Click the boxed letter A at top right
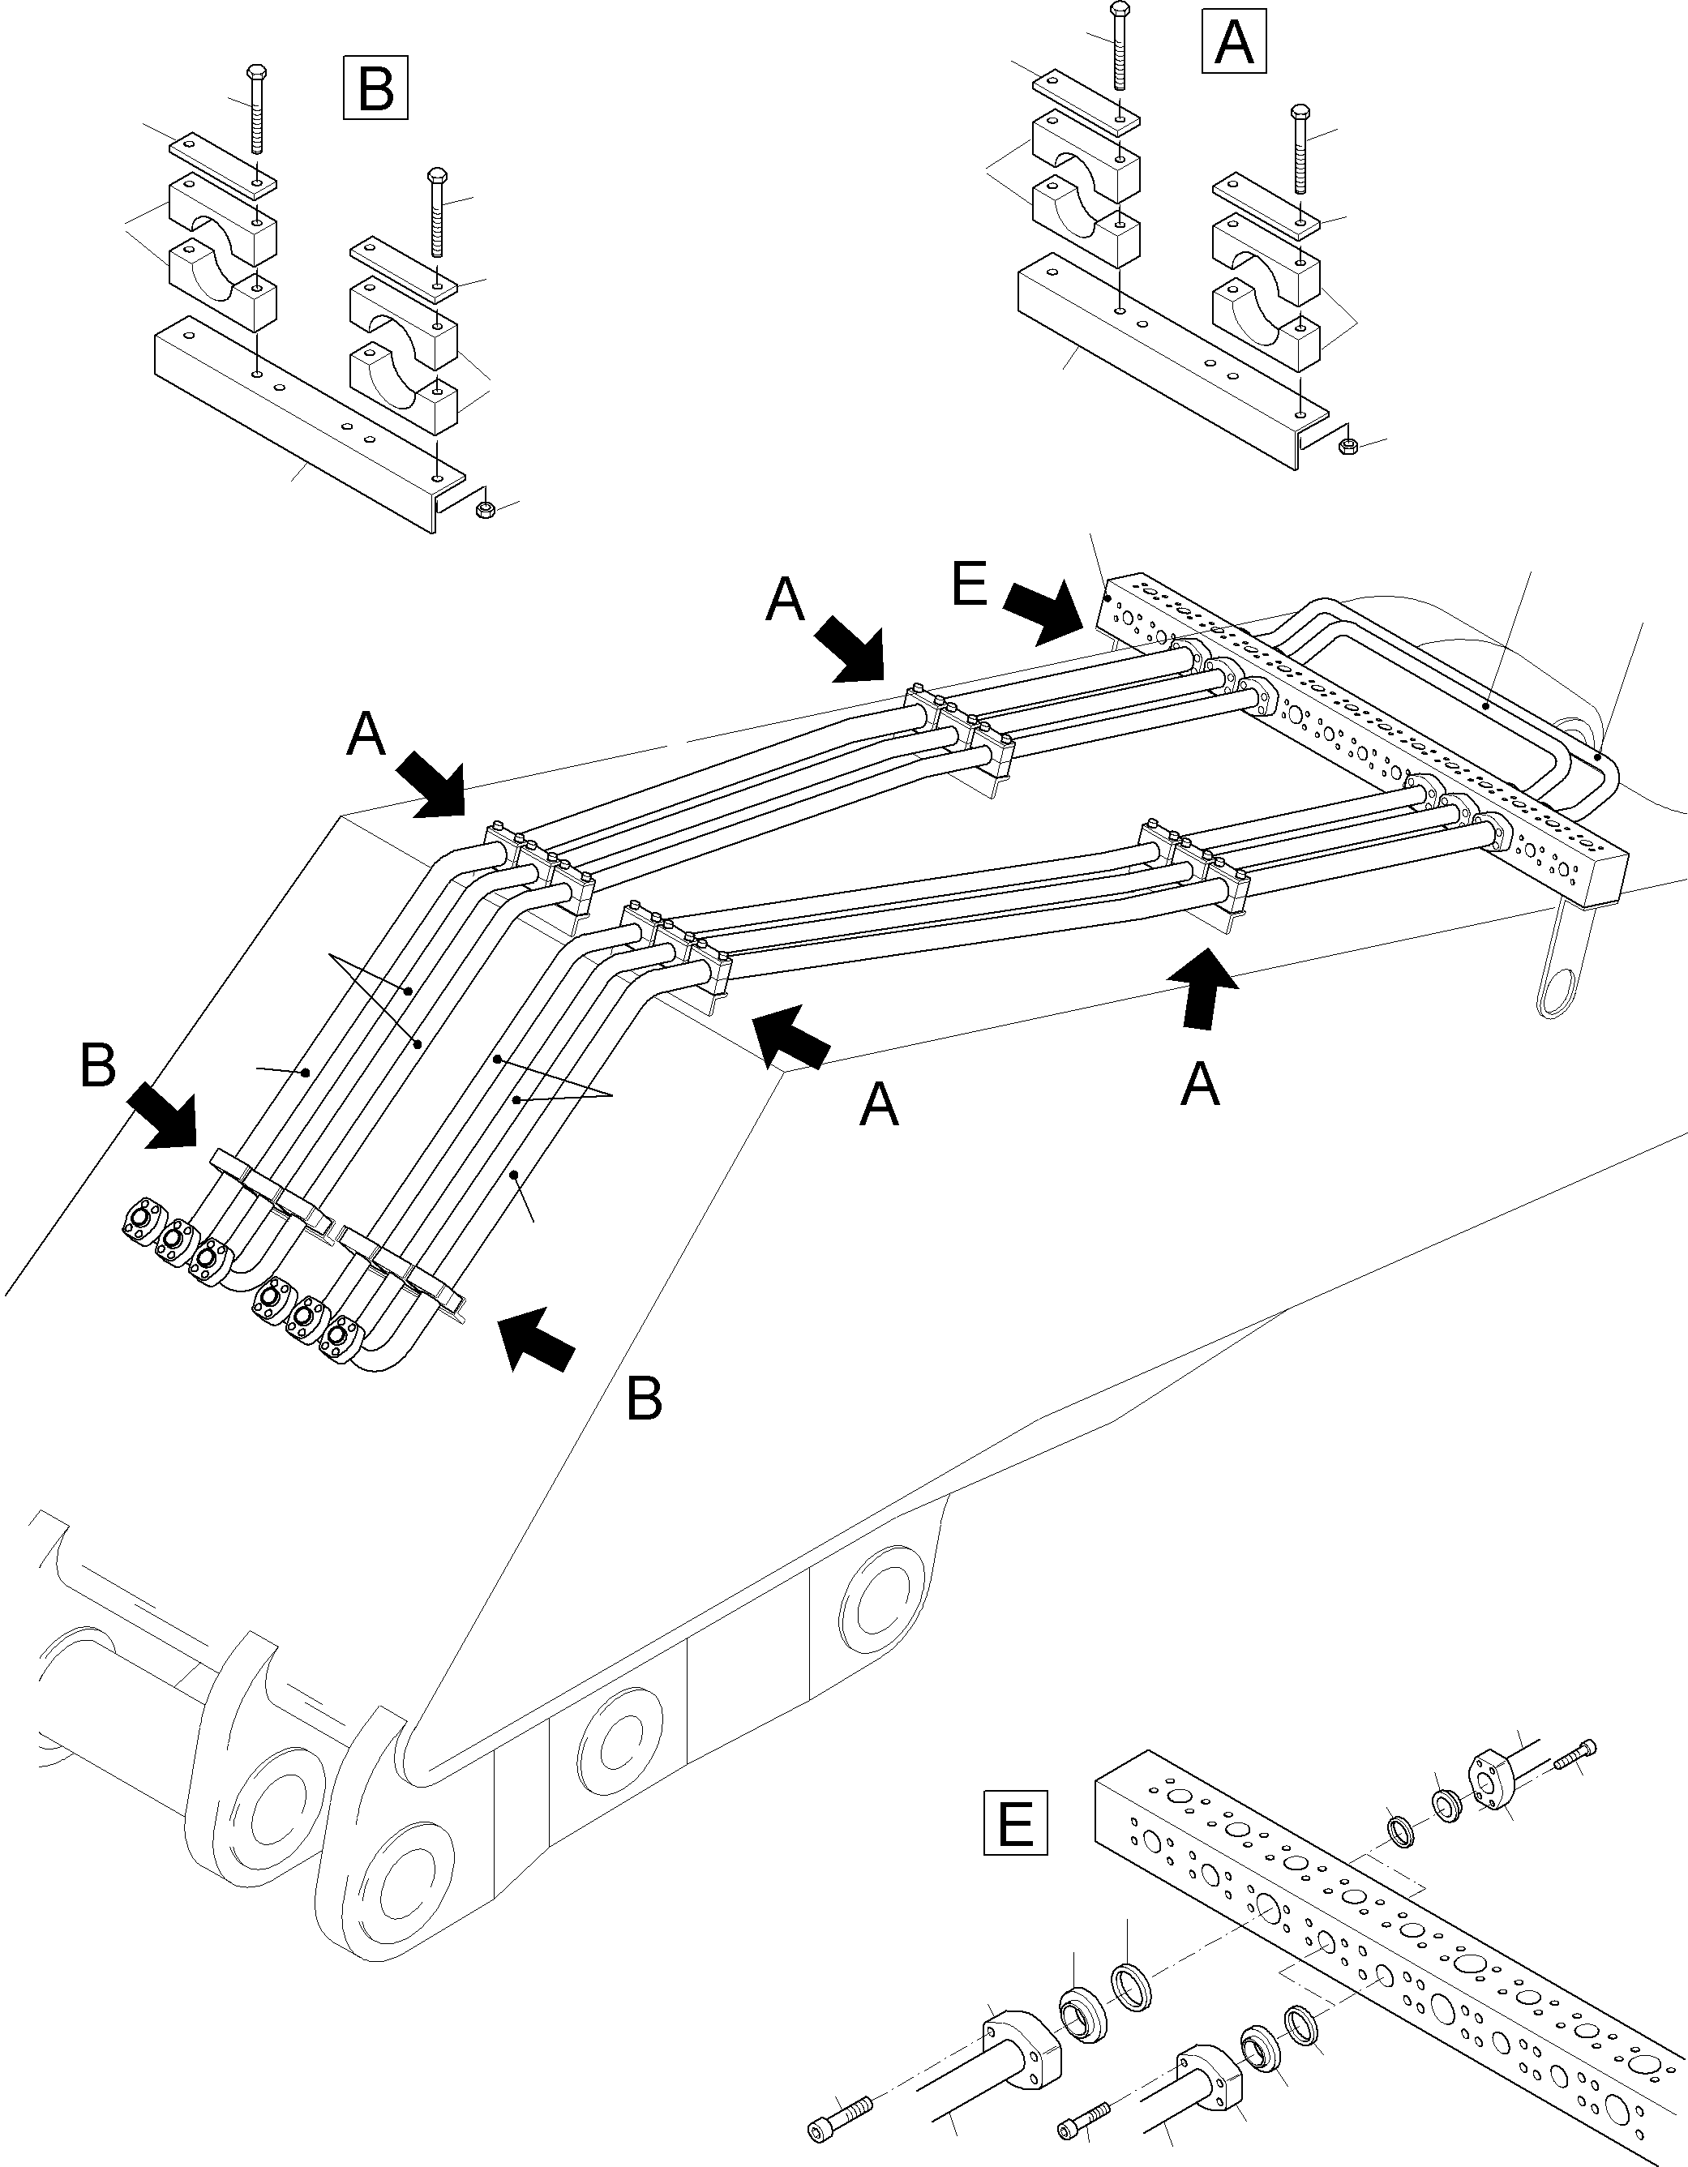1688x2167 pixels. pos(1233,41)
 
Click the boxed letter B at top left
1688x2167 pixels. pos(375,88)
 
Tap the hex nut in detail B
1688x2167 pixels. pos(486,510)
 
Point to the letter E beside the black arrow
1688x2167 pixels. pos(969,585)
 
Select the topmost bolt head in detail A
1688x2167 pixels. pos(1120,10)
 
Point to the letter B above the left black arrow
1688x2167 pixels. pos(97,1068)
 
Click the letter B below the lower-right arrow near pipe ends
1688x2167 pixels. pos(644,1400)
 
